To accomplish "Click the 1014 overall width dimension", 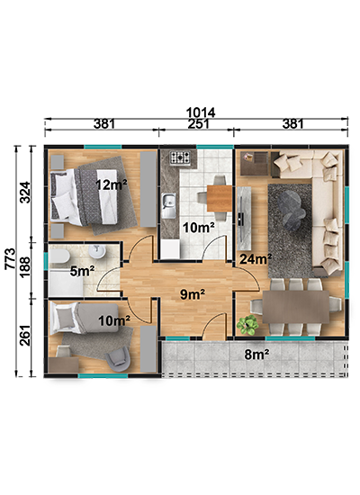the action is tap(201, 112).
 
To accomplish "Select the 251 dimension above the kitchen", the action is tap(198, 124).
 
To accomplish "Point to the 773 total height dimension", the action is tap(11, 258).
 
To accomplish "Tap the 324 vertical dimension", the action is tap(25, 193).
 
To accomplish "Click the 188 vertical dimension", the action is tap(25, 266).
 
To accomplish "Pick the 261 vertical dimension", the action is tap(25, 336).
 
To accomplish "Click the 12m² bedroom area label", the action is tap(112, 184).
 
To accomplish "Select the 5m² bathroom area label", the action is tap(83, 271).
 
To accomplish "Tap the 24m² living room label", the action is tap(256, 259).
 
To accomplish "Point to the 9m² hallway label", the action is tap(193, 294).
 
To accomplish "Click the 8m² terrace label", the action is tap(256, 355).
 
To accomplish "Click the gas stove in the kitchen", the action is tap(180, 157).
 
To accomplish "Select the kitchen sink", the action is tap(169, 205).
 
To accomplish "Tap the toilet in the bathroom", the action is tap(59, 256).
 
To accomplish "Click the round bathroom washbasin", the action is tap(97, 252).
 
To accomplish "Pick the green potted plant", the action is tap(247, 325).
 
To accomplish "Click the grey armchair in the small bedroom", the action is tap(118, 359).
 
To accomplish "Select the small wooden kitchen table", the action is tap(220, 198).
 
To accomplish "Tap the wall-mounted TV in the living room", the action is tap(241, 218).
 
